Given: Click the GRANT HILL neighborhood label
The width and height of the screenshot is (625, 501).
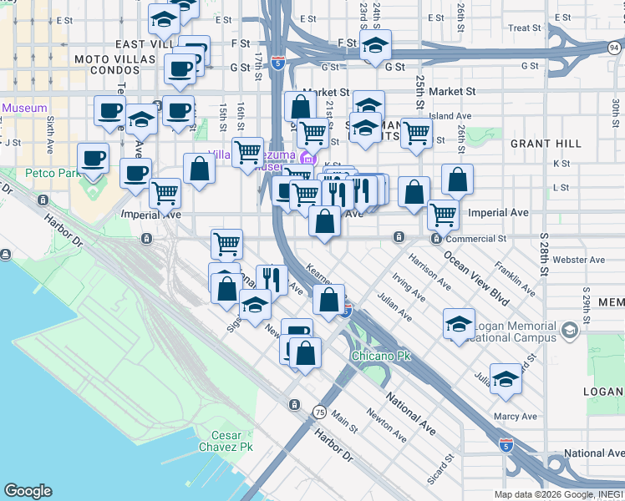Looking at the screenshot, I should click(540, 144).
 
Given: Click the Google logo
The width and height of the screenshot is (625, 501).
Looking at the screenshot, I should click(28, 491).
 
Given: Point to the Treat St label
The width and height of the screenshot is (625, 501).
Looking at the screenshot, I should click(525, 28).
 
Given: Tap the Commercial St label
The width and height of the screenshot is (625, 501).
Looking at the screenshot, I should click(476, 239).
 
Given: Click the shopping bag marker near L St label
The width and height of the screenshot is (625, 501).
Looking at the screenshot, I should click(457, 179).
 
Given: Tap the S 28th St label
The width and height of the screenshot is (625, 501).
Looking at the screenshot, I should click(545, 253).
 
